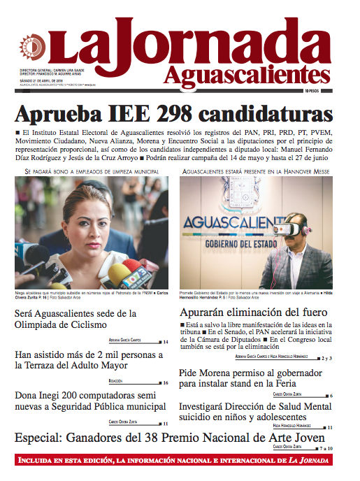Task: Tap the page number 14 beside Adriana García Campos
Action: [x=165, y=342]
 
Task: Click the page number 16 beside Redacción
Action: [x=165, y=383]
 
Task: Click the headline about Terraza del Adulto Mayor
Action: [x=89, y=360]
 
